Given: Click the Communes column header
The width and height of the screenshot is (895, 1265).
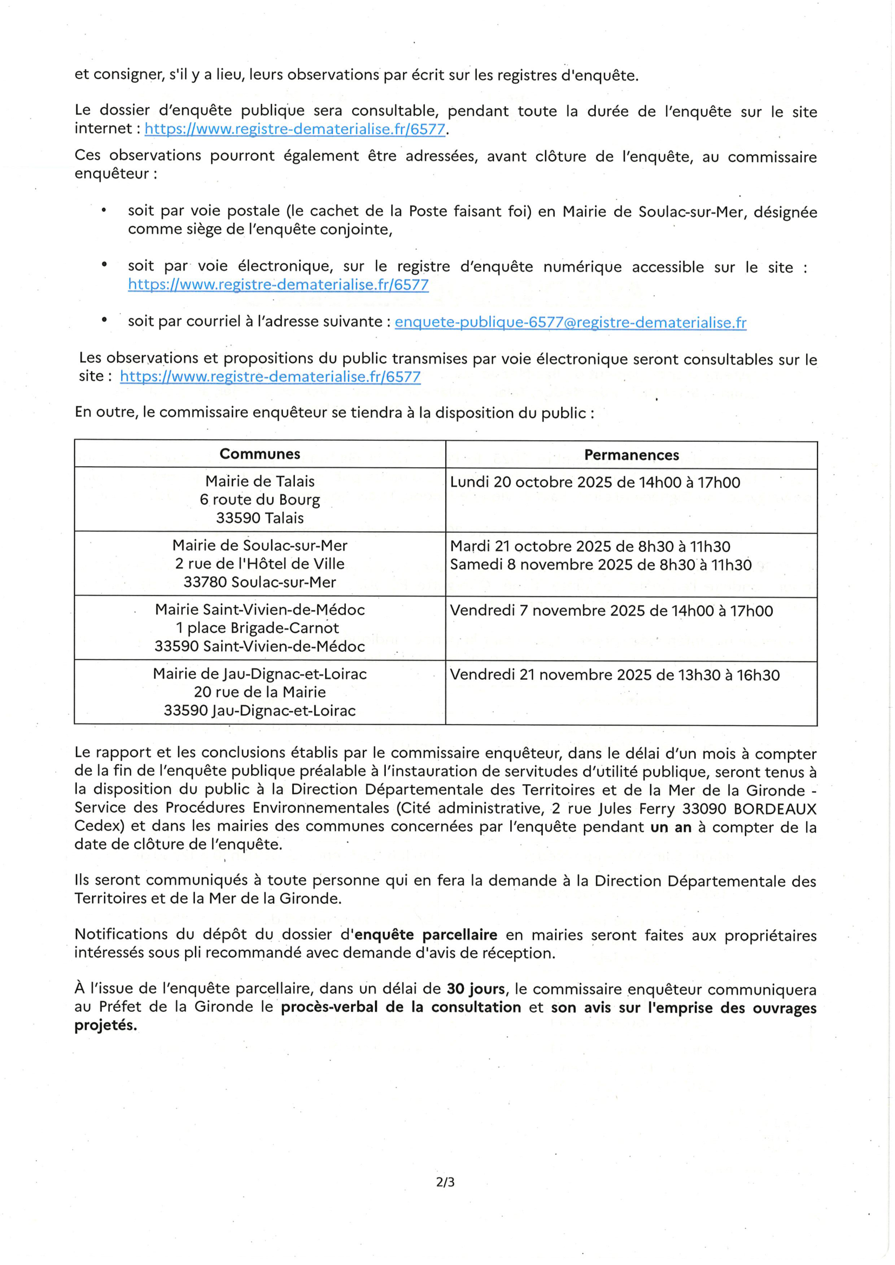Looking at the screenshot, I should (260, 454).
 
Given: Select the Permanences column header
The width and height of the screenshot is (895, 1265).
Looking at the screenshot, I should (631, 455).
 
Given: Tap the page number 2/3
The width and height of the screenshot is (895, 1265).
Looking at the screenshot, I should (445, 1182).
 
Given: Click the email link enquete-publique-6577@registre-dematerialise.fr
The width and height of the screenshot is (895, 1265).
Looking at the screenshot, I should (570, 322).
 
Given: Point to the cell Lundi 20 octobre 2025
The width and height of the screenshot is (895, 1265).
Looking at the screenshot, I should (595, 482).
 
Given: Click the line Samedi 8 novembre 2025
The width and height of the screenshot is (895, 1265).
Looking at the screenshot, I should (601, 565).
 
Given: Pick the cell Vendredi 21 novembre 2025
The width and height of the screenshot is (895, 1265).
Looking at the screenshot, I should (615, 675).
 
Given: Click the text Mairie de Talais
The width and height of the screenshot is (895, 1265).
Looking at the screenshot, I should (260, 481).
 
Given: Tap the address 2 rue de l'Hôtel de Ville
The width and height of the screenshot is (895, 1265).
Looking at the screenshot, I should (260, 564).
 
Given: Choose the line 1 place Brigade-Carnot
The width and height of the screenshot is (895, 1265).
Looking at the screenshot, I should (258, 628).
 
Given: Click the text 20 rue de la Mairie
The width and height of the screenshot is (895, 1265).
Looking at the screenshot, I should (260, 692).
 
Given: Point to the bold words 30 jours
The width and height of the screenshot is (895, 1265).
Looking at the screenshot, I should (476, 989).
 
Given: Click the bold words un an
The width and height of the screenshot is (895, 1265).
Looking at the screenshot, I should (670, 827).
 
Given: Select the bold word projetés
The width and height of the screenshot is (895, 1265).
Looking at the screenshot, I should (106, 1025).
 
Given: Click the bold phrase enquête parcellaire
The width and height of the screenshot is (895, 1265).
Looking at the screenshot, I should (426, 935).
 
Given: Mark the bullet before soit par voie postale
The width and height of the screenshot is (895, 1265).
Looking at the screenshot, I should (103, 210).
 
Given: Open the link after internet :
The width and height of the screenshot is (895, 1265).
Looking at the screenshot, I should (295, 129).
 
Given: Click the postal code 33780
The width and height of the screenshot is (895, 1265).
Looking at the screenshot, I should (205, 582).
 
